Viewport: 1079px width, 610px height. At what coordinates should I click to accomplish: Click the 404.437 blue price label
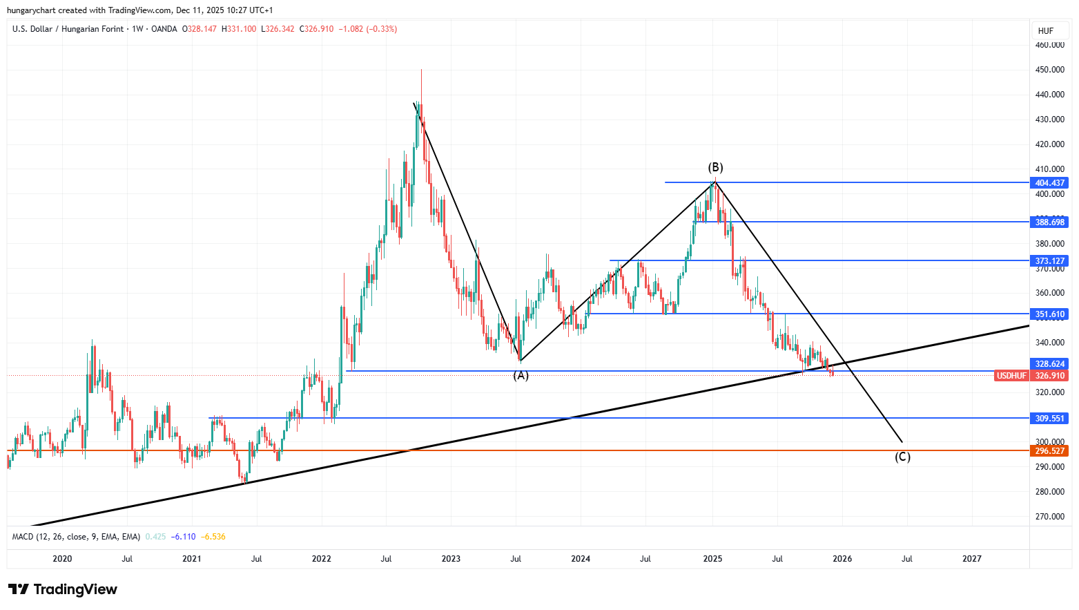point(1049,183)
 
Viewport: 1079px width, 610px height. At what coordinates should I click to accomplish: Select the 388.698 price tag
point(1049,222)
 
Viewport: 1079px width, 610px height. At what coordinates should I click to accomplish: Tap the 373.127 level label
point(1049,261)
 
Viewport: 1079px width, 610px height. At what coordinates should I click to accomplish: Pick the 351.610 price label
point(1049,314)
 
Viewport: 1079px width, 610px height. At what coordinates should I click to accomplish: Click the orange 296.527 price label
point(1049,451)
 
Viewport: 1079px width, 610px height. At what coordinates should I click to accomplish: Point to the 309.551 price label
point(1049,419)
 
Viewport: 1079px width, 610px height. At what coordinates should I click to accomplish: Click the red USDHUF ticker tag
point(1011,376)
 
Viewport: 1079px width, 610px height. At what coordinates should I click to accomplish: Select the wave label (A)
point(521,376)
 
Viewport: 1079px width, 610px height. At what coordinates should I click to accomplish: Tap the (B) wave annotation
point(715,167)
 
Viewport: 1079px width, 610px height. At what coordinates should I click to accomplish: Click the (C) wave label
point(902,457)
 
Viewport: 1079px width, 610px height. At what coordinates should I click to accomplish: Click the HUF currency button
point(1045,30)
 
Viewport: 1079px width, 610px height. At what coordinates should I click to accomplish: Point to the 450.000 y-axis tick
point(1049,70)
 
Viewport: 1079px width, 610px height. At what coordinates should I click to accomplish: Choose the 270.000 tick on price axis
point(1049,517)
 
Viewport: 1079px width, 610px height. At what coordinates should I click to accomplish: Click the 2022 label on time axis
point(321,559)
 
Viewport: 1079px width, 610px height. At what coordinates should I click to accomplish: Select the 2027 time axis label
point(971,559)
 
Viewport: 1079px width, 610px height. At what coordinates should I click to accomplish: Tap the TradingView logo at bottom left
point(63,589)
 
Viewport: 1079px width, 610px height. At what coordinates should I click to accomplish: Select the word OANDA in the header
point(164,29)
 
